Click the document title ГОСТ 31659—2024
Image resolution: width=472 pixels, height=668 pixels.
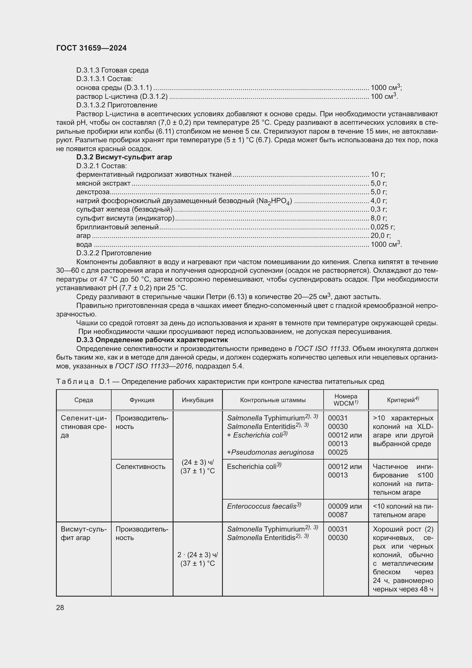click(91, 48)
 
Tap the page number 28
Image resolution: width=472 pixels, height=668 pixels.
click(60, 607)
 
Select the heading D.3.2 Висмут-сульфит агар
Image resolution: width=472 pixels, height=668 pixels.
click(124, 157)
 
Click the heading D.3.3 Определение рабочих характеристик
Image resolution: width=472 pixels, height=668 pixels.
click(152, 340)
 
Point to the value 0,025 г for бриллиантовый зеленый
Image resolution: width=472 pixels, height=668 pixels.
click(382, 227)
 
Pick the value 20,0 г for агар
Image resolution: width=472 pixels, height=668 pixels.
click(380, 236)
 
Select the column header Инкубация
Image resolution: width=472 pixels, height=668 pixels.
click(198, 400)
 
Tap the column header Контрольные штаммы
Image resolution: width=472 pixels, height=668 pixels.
click(273, 400)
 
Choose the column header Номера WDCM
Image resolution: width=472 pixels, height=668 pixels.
click(346, 400)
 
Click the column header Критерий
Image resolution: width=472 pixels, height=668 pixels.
click(403, 400)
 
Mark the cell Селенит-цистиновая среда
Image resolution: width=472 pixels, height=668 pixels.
click(83, 426)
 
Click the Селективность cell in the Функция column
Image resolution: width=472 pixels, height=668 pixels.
click(140, 467)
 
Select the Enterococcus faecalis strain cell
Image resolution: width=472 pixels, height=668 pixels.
click(264, 507)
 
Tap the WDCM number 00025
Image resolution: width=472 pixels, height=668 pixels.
click(338, 452)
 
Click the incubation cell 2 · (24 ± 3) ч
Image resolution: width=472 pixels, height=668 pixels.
click(198, 555)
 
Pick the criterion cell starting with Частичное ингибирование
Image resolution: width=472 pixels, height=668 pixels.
click(403, 479)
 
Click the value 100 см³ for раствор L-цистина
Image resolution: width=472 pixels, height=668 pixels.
click(384, 96)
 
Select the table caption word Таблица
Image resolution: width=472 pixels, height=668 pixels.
click(75, 382)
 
